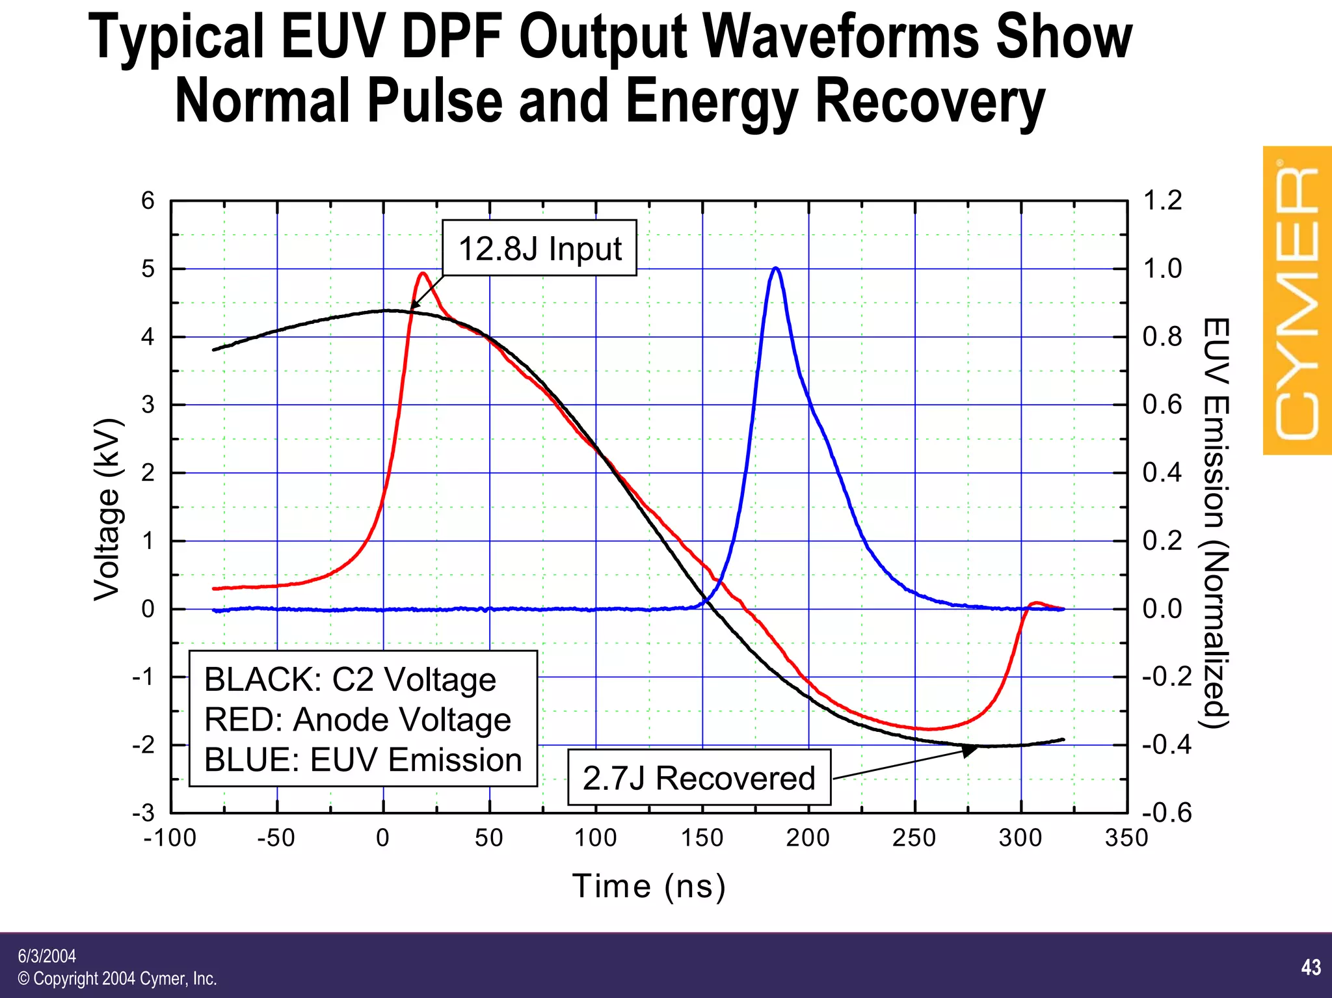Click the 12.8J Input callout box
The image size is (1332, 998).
539,248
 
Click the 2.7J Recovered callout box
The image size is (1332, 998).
699,778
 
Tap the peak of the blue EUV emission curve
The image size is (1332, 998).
775,268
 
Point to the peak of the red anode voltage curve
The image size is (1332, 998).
423,273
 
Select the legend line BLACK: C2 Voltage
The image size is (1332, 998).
350,679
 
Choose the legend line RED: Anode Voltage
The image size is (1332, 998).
357,720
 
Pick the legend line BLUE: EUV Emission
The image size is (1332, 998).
363,760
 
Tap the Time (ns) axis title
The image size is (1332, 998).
648,886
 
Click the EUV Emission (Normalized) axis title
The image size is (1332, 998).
1215,523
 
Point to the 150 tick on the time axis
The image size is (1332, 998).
702,838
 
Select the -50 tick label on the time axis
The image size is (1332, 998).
276,838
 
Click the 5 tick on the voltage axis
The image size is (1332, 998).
148,269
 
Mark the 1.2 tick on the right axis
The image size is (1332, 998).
1162,200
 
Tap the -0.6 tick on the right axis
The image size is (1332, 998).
1167,813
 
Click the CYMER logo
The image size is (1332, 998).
1296,301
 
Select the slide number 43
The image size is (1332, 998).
1311,967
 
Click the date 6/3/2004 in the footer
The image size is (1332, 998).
47,956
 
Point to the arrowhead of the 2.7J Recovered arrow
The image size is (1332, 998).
970,750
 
